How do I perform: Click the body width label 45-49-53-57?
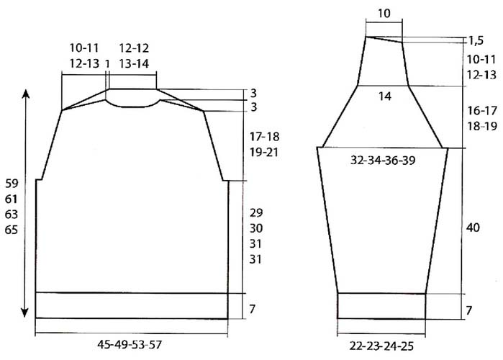point(130,345)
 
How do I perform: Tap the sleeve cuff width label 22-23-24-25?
point(381,346)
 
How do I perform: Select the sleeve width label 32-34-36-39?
point(383,160)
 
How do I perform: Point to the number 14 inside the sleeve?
point(385,96)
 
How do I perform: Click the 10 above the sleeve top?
point(384,14)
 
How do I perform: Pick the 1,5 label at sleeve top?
point(476,41)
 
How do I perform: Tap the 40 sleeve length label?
point(473,228)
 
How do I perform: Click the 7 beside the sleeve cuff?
point(468,310)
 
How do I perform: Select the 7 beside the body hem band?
point(252,309)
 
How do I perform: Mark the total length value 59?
point(12,184)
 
